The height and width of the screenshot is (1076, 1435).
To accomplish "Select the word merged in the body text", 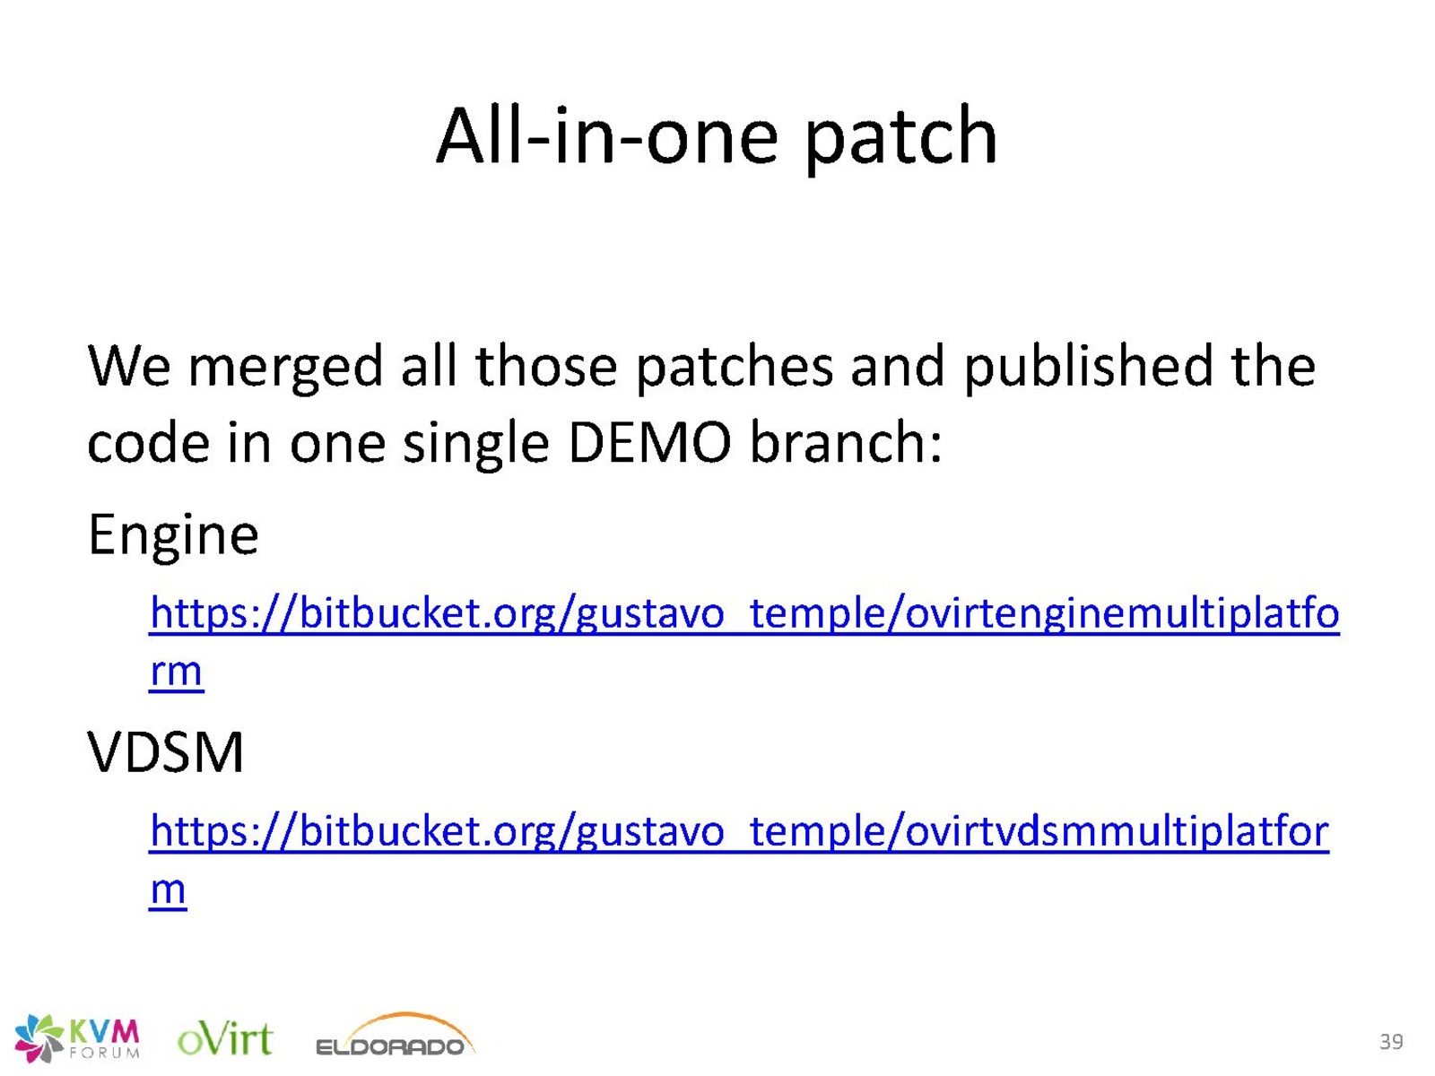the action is (x=285, y=368).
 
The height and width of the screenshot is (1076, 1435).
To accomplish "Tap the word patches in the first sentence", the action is (x=735, y=368).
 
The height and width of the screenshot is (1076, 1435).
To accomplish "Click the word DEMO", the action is (x=649, y=444).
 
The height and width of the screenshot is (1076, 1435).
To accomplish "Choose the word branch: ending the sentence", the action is (x=846, y=442).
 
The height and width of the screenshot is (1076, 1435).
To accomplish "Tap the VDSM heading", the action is (x=165, y=752).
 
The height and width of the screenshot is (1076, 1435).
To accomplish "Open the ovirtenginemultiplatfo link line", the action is (x=744, y=615).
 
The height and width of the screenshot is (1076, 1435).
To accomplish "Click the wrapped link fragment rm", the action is (x=176, y=672).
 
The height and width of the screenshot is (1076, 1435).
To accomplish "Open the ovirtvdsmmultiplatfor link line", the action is (x=739, y=833).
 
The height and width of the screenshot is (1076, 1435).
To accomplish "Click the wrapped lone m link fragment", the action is (x=168, y=889).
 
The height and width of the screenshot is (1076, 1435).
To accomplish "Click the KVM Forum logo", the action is (x=76, y=1038).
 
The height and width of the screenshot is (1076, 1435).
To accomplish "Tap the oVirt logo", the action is (x=225, y=1038).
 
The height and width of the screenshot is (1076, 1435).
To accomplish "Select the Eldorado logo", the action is (x=396, y=1037).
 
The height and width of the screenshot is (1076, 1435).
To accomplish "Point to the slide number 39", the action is (x=1391, y=1041).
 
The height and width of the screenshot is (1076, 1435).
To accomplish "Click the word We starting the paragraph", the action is (x=129, y=367).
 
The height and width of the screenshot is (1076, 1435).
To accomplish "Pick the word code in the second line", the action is (x=148, y=443).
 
